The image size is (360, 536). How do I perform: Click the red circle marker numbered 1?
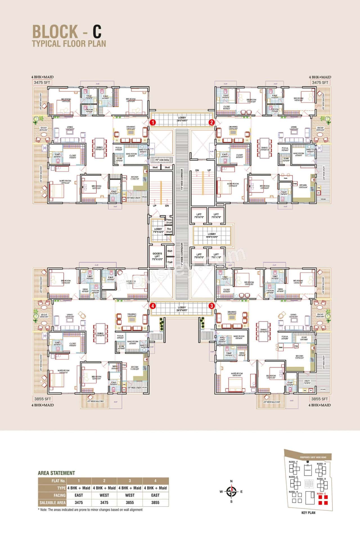(x=152, y=122)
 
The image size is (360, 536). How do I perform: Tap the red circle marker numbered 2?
(x=211, y=122)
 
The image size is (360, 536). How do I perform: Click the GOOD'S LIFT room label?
(x=157, y=256)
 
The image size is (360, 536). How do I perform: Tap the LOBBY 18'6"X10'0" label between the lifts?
(x=212, y=235)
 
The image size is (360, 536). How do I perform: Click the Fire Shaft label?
(x=169, y=230)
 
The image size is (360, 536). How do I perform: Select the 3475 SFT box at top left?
(x=42, y=82)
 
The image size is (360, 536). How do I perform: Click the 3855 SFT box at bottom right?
(x=319, y=399)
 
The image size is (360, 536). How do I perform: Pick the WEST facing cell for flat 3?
(x=130, y=495)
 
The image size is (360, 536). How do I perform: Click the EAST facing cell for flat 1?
(x=79, y=495)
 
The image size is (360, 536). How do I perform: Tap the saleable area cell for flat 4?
(x=155, y=502)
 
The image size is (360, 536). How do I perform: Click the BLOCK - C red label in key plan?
(x=321, y=494)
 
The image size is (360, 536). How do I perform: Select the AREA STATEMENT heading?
(x=57, y=473)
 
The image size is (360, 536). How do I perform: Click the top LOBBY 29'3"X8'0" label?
(x=182, y=119)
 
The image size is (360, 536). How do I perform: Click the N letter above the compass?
(x=231, y=481)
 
